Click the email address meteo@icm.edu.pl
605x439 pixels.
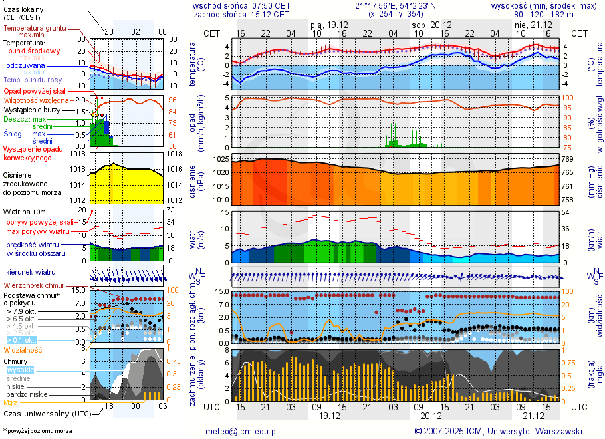tap(242, 431)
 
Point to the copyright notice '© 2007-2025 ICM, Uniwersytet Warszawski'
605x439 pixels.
tap(499, 431)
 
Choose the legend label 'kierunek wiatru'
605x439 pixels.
tap(31, 273)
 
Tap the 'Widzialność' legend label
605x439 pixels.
tap(23, 349)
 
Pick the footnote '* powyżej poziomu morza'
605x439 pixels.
tap(37, 431)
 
